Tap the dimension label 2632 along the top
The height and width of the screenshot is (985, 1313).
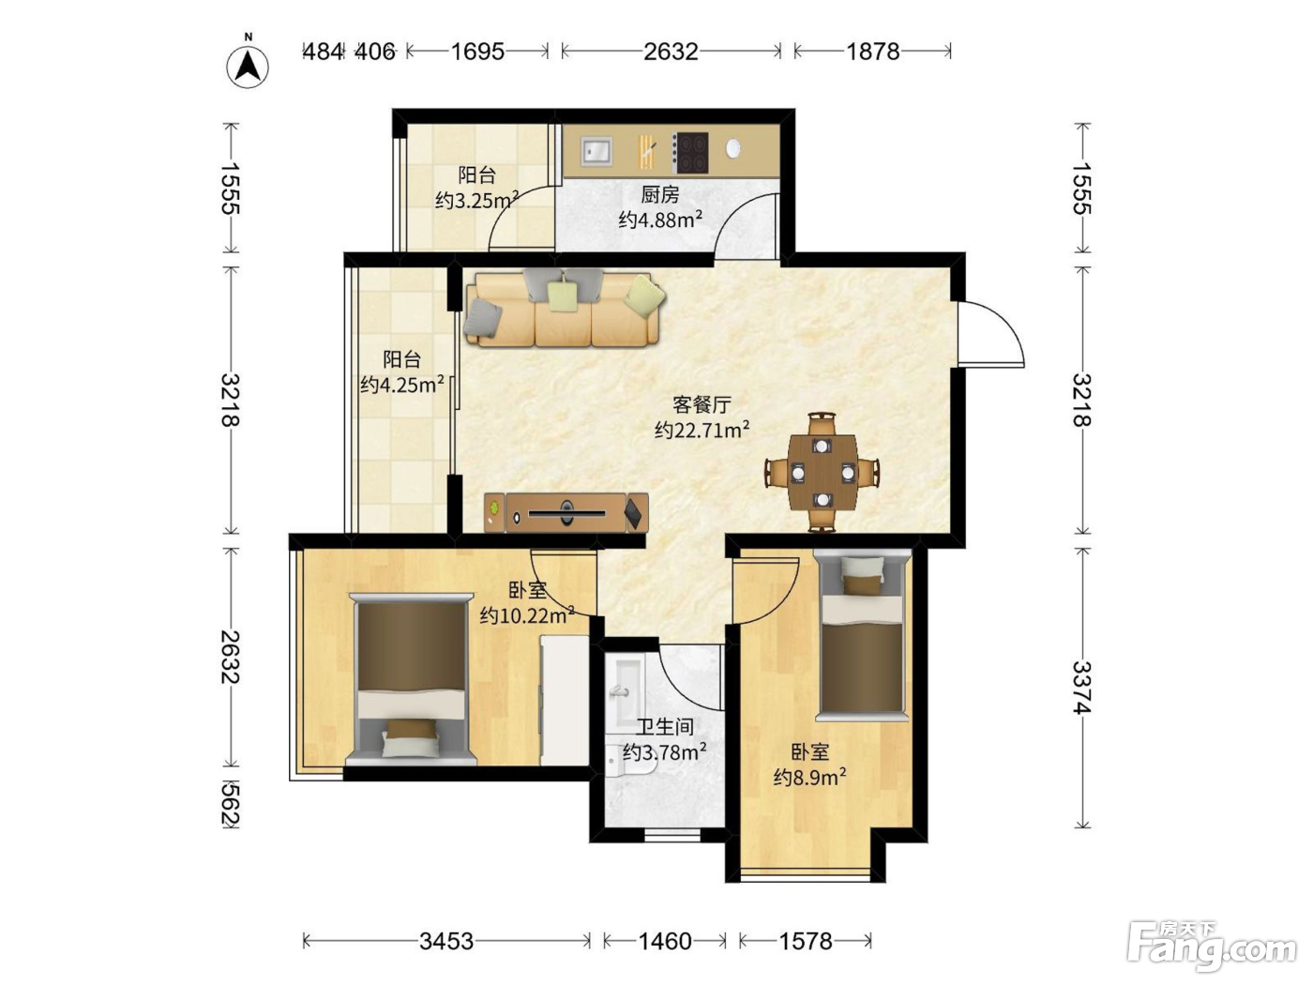[x=671, y=52]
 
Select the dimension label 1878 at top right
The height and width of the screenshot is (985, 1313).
[x=872, y=52]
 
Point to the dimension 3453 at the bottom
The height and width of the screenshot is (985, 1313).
[x=445, y=942]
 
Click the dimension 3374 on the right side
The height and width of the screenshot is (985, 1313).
[x=1081, y=688]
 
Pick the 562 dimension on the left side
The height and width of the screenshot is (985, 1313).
[x=231, y=804]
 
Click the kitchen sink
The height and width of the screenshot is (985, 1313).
[x=596, y=150]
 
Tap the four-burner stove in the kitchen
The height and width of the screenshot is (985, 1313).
[x=689, y=153]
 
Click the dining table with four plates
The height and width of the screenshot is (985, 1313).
[x=823, y=472]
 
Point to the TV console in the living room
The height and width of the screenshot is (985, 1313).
[x=566, y=512]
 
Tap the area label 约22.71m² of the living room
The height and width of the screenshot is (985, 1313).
[x=702, y=430]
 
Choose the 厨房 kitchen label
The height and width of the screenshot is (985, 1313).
[x=660, y=195]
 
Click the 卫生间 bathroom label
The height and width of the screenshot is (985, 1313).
[x=665, y=727]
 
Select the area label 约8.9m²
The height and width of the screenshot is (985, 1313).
[x=809, y=777]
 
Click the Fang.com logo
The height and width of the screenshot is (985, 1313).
[x=1212, y=947]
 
